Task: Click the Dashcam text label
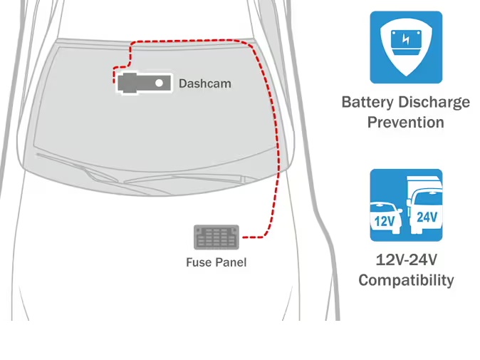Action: point(204,84)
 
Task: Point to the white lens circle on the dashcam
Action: point(160,83)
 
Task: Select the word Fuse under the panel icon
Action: point(199,262)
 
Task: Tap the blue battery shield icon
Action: point(406,46)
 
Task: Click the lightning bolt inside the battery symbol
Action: point(406,39)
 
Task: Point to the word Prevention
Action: point(405,122)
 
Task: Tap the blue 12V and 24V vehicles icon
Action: point(406,205)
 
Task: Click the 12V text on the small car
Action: point(385,221)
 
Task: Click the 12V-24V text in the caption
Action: point(405,259)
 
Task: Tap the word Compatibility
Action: point(405,280)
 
